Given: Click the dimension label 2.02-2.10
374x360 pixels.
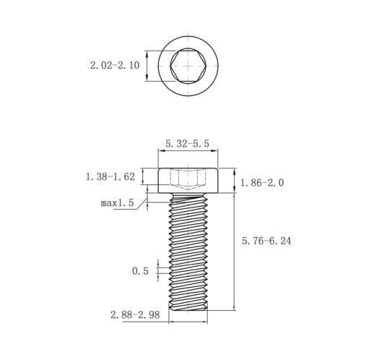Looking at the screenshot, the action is [x=115, y=65].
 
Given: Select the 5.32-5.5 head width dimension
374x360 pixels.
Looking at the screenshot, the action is [x=187, y=144].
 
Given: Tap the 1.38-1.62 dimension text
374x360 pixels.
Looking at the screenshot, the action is [x=110, y=177].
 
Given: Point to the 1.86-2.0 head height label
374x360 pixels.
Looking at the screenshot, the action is [x=262, y=183].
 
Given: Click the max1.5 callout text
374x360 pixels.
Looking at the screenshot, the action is [x=117, y=203].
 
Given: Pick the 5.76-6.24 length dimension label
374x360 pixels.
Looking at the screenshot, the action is [x=266, y=241].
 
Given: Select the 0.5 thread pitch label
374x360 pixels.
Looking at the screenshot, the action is [x=140, y=271].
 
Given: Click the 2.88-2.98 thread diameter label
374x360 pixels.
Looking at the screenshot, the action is [x=135, y=314].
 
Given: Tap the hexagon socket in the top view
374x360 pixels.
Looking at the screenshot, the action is [x=188, y=66].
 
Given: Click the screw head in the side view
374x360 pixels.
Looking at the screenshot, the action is [x=188, y=180].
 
